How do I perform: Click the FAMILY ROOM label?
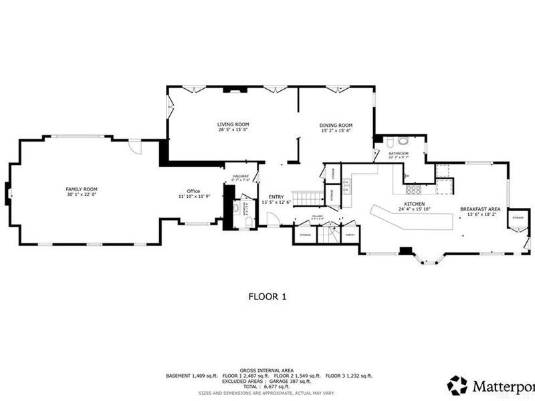pyautogui.click(x=82, y=189)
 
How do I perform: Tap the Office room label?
pyautogui.click(x=193, y=191)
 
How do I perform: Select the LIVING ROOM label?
pyautogui.click(x=233, y=124)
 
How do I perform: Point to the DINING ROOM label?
pyautogui.click(x=336, y=126)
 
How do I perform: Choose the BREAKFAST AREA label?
pyautogui.click(x=479, y=209)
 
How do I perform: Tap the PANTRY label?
pyautogui.click(x=349, y=235)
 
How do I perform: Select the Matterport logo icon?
pyautogui.click(x=457, y=385)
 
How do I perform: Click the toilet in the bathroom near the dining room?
pyautogui.click(x=402, y=142)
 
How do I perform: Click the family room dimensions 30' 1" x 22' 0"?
pyautogui.click(x=82, y=194)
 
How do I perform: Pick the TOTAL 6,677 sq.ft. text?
pyautogui.click(x=267, y=387)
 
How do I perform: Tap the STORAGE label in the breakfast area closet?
pyautogui.click(x=518, y=218)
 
